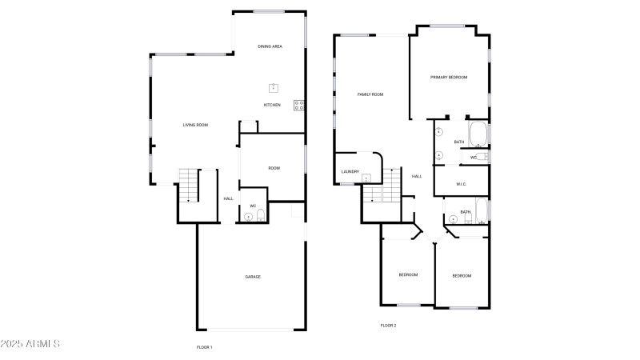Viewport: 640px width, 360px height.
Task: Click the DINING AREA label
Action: point(270,46)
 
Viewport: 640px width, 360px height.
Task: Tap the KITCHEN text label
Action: point(272,105)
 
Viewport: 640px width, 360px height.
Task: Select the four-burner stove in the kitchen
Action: point(299,105)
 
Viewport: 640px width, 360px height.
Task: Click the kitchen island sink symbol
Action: point(274,88)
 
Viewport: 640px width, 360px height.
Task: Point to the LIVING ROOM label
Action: point(195,125)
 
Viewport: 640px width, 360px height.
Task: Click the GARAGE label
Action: point(253,277)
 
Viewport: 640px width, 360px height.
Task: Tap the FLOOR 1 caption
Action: point(204,347)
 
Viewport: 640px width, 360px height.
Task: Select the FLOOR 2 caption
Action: point(388,326)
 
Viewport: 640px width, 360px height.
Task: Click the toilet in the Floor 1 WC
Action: point(248,215)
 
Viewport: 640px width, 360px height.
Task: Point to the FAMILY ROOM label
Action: point(370,94)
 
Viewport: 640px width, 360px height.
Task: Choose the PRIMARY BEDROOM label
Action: point(449,77)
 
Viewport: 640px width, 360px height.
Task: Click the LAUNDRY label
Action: point(350,172)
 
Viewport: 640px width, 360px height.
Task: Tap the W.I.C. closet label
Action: point(461,184)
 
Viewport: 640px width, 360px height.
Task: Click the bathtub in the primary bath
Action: point(478,134)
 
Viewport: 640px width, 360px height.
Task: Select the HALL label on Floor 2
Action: point(416,176)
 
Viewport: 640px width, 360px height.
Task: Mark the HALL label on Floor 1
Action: point(228,198)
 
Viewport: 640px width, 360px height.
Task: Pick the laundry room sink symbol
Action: point(366,178)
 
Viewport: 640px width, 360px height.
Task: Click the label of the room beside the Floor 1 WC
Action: point(274,168)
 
